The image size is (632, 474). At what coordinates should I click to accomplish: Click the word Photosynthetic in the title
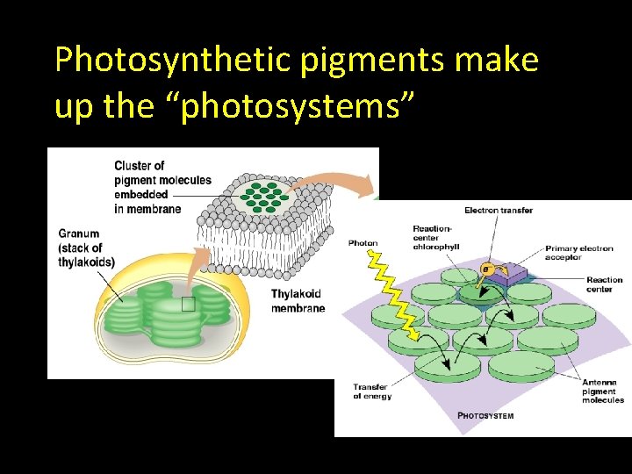coord(175,61)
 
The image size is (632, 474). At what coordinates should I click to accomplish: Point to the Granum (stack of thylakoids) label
coord(86,248)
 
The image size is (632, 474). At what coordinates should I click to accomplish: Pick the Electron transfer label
coord(498,211)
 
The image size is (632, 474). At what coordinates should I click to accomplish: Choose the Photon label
coord(363,243)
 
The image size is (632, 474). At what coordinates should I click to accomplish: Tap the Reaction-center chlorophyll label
coord(435,238)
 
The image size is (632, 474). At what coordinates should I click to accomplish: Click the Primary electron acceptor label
coord(578,253)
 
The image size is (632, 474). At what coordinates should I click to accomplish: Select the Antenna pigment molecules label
coord(603,391)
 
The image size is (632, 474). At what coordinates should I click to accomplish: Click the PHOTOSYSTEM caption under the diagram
coord(485,415)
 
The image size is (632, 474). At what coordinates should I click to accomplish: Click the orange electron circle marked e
coord(485,268)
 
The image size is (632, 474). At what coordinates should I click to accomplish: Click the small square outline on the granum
coord(187,305)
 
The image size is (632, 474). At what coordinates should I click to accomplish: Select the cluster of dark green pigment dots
coord(263,196)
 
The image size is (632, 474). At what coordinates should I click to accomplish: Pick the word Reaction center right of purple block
coord(605,284)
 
